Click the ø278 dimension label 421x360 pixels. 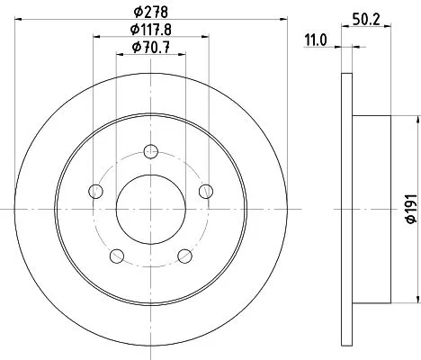pyautogui.click(x=151, y=13)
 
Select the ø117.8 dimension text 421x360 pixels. pyautogui.click(x=151, y=31)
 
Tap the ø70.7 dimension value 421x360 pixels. pyautogui.click(x=151, y=49)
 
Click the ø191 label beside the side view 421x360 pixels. pyautogui.click(x=410, y=209)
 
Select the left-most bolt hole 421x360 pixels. pyautogui.click(x=95, y=190)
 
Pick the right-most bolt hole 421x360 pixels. pyautogui.click(x=207, y=190)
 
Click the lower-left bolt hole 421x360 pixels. pyautogui.click(x=117, y=255)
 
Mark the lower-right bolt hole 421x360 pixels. pyautogui.click(x=185, y=255)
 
